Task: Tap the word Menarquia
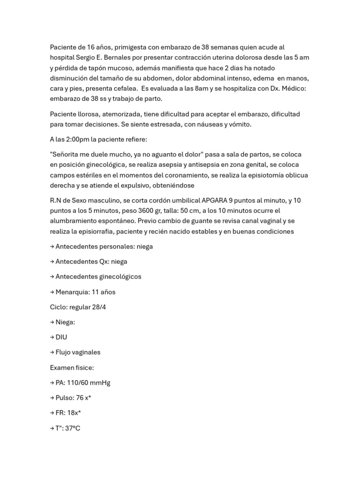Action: click(x=72, y=292)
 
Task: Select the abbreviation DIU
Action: click(x=61, y=337)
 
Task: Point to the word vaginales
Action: click(x=86, y=352)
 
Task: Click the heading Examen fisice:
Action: click(x=72, y=367)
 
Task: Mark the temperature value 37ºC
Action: click(x=73, y=428)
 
